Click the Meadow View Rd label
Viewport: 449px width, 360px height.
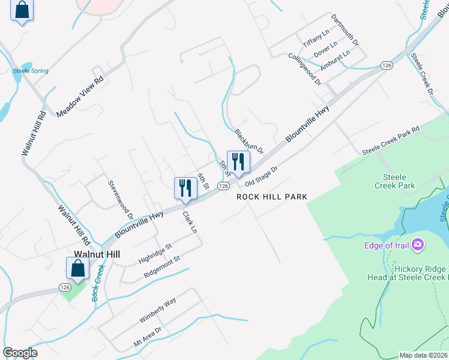(80, 97)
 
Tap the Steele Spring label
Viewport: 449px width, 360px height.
(31, 71)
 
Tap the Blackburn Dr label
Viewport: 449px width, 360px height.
(249, 142)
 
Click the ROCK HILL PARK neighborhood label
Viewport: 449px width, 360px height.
(272, 197)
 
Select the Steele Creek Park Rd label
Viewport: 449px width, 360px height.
(390, 141)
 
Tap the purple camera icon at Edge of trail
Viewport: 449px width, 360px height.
(418, 245)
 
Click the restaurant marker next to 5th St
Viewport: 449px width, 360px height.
(238, 162)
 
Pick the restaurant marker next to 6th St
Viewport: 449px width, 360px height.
(185, 188)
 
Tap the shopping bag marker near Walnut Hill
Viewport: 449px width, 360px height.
(78, 268)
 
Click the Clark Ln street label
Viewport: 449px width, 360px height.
(190, 222)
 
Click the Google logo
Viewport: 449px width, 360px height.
(20, 353)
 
